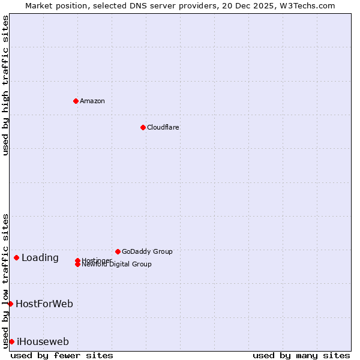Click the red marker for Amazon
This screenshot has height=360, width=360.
pyautogui.click(x=76, y=101)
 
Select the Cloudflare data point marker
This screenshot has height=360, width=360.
pyautogui.click(x=143, y=127)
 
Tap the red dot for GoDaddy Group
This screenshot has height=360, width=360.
pyautogui.click(x=118, y=251)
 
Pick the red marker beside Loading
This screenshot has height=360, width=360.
pyautogui.click(x=16, y=257)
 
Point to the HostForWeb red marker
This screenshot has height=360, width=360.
pyautogui.click(x=10, y=304)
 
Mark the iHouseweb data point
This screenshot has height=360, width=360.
pyautogui.click(x=11, y=341)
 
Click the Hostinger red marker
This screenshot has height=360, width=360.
pyautogui.click(x=77, y=260)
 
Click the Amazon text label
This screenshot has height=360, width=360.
pyautogui.click(x=92, y=101)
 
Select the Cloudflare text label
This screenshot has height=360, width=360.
pyautogui.click(x=163, y=127)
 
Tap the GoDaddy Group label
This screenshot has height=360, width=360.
pyautogui.click(x=147, y=251)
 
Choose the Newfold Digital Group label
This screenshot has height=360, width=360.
pyautogui.click(x=117, y=265)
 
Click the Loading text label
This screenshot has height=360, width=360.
pyautogui.click(x=40, y=258)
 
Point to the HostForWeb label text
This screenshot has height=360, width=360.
pyautogui.click(x=44, y=304)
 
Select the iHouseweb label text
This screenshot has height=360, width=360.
pyautogui.click(x=43, y=342)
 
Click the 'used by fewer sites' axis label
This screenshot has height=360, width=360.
pyautogui.click(x=62, y=355)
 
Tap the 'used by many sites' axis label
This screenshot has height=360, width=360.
pyautogui.click(x=301, y=355)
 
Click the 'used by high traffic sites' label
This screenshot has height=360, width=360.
pyautogui.click(x=5, y=85)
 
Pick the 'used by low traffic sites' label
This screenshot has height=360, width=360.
pyautogui.click(x=5, y=280)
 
